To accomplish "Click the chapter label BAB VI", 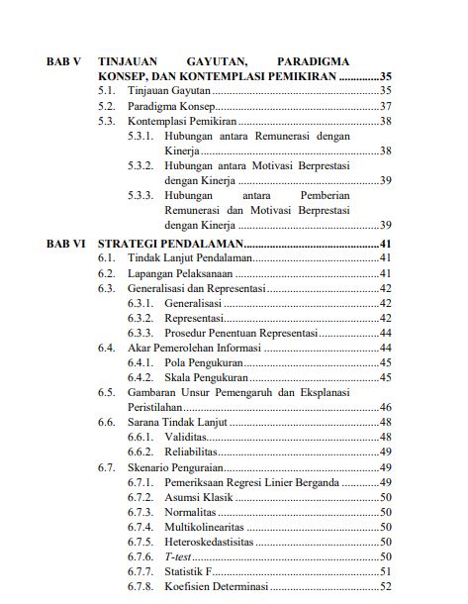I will point(66,243).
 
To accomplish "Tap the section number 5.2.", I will point(108,106).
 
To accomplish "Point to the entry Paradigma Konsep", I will point(170,106).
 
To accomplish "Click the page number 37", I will point(386,106).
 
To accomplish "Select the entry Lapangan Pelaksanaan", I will point(177,272).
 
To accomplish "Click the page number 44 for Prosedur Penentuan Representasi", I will point(386,333).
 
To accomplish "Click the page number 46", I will point(386,407).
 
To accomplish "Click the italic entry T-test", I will point(179,556).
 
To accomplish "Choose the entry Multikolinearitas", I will point(207,527).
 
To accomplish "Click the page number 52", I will point(386,587).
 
